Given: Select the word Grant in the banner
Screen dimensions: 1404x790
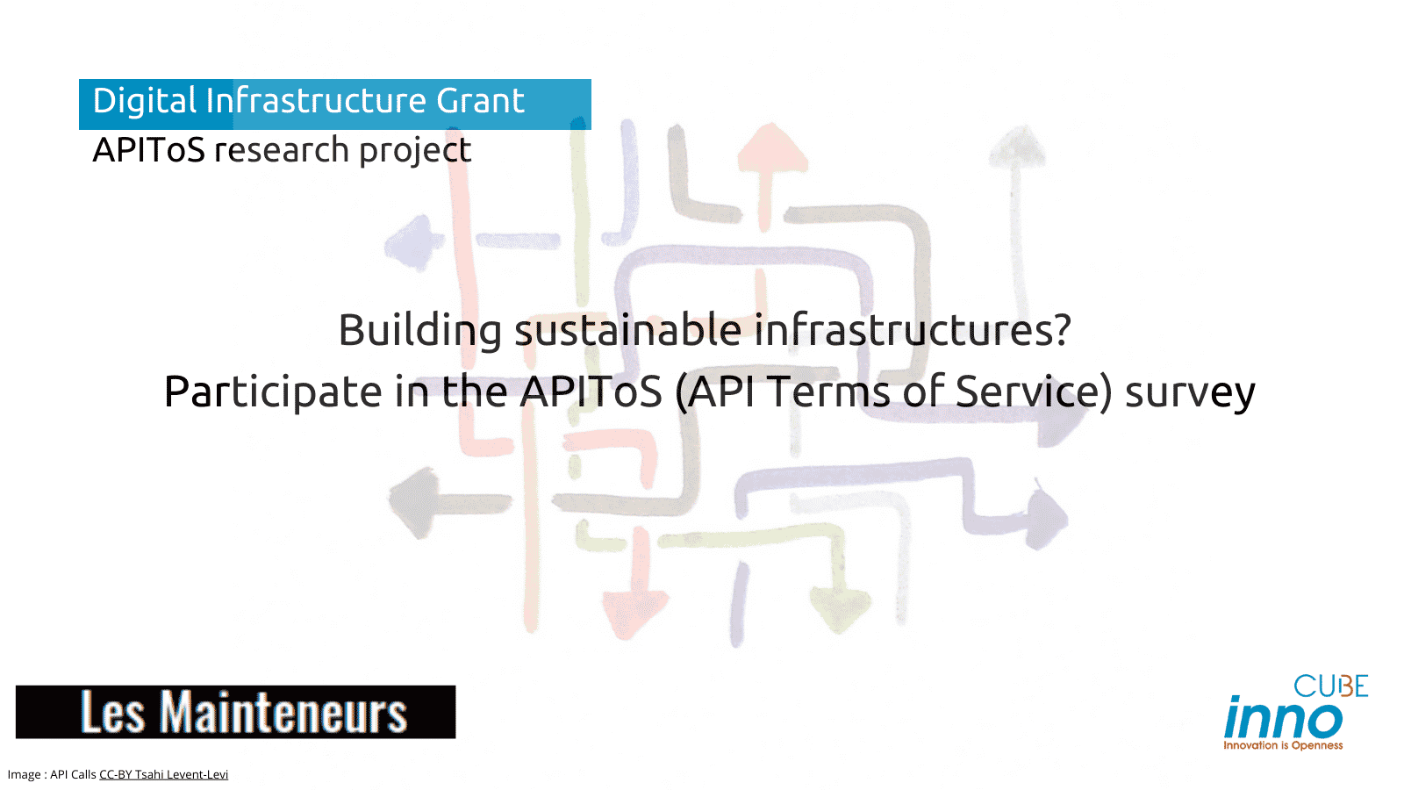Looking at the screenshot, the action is click(480, 100).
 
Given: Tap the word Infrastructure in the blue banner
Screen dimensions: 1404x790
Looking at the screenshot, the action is click(316, 100).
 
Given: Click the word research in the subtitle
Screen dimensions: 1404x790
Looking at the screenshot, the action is click(282, 150).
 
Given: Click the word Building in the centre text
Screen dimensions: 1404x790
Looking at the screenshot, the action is click(420, 331).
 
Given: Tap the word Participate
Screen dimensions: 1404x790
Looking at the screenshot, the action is click(273, 392).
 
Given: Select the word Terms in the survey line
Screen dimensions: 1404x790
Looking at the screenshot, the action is click(828, 391).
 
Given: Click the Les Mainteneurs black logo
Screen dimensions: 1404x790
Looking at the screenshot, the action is click(236, 712).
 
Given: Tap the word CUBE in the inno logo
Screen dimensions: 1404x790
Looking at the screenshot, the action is click(1330, 686).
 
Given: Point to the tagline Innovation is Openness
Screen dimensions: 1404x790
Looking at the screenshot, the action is click(1283, 745).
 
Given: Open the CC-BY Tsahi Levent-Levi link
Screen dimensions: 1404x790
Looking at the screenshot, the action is click(163, 775).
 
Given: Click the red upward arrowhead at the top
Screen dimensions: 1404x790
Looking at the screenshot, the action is click(772, 148).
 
